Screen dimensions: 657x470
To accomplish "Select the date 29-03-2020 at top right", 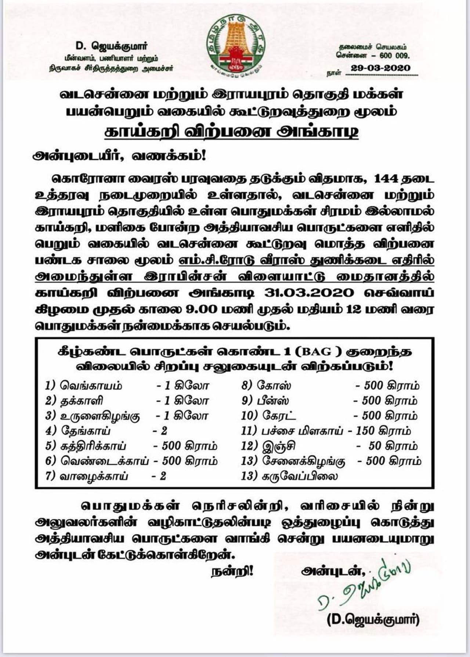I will (x=380, y=68).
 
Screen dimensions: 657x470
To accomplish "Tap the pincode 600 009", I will (x=396, y=56).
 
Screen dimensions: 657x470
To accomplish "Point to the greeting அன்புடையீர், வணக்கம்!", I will (x=120, y=156).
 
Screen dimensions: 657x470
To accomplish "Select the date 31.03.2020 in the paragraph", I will (x=309, y=293).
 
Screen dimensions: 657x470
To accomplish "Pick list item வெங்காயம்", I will (x=91, y=386).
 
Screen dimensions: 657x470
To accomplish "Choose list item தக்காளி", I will (x=82, y=400).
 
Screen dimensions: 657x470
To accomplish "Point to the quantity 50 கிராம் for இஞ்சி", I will (x=393, y=446).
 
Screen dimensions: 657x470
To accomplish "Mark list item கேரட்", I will (x=279, y=416).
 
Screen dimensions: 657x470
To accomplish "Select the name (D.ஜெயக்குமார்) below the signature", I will (x=373, y=620).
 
